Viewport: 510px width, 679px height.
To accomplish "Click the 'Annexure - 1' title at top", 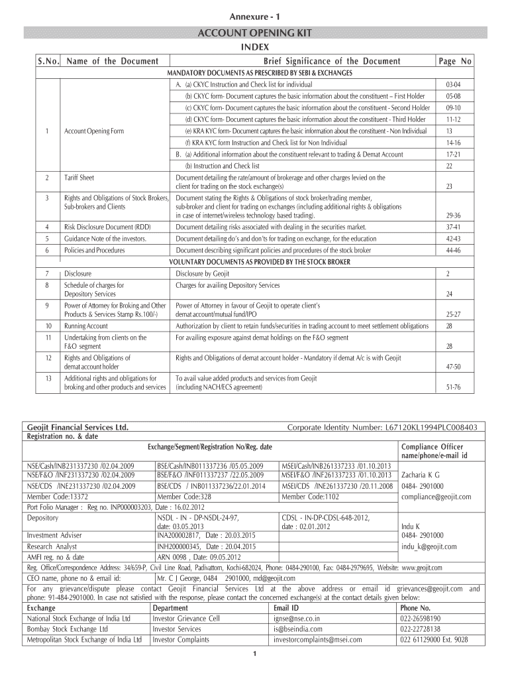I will point(254,15).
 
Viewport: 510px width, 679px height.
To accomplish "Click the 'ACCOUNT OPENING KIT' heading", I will point(254,33).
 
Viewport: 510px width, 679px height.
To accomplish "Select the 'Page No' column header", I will point(454,61).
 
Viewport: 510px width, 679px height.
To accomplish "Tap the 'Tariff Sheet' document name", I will point(79,178).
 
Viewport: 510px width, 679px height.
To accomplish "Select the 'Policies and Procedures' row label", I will point(94,250).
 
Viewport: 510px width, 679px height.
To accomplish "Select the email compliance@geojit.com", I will point(436,497).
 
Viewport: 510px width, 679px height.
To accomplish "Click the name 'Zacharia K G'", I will point(421,475).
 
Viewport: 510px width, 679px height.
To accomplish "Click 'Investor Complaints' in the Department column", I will point(180,640).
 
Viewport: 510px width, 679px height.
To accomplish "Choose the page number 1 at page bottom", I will point(255,656).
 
